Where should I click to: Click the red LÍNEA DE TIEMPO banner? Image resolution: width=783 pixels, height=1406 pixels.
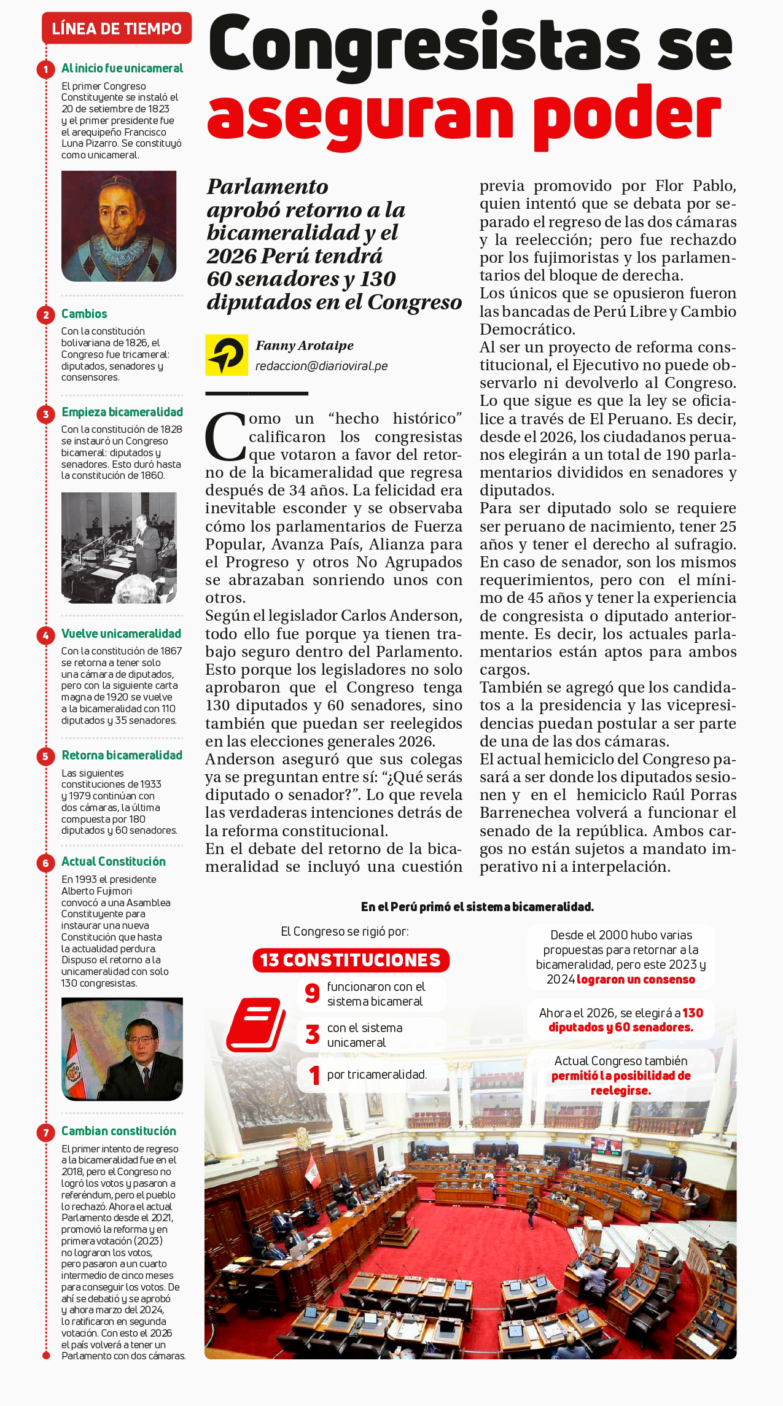pos(117,29)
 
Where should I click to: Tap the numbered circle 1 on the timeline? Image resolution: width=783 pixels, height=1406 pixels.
pos(45,69)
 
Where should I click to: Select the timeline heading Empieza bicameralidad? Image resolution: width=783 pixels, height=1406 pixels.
pos(122,412)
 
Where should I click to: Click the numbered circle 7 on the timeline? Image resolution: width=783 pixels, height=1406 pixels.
pos(45,1132)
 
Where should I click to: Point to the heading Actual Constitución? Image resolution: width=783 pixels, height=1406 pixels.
pos(114,861)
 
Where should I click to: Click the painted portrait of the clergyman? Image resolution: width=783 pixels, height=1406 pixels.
pos(119,226)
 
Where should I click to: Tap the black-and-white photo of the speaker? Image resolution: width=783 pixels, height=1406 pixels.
pos(119,547)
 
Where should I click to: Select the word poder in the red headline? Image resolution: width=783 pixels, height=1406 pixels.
pos(626,115)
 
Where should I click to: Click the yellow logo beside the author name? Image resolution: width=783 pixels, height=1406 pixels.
pos(227,355)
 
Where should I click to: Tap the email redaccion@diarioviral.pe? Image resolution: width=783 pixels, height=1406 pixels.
pos(321,367)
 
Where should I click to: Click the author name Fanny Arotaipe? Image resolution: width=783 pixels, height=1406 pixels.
pos(305,346)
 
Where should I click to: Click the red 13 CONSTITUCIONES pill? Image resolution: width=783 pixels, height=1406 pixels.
pos(351,960)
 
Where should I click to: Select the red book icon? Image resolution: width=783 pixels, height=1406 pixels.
pos(256,1025)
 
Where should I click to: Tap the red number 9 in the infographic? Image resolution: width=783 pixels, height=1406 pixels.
pos(313,993)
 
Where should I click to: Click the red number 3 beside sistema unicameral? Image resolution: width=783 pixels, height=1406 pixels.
pos(313,1035)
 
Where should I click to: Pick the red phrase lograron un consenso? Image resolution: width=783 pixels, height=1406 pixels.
pos(636,979)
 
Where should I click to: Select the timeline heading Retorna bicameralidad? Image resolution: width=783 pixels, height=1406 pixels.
pos(122,755)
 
